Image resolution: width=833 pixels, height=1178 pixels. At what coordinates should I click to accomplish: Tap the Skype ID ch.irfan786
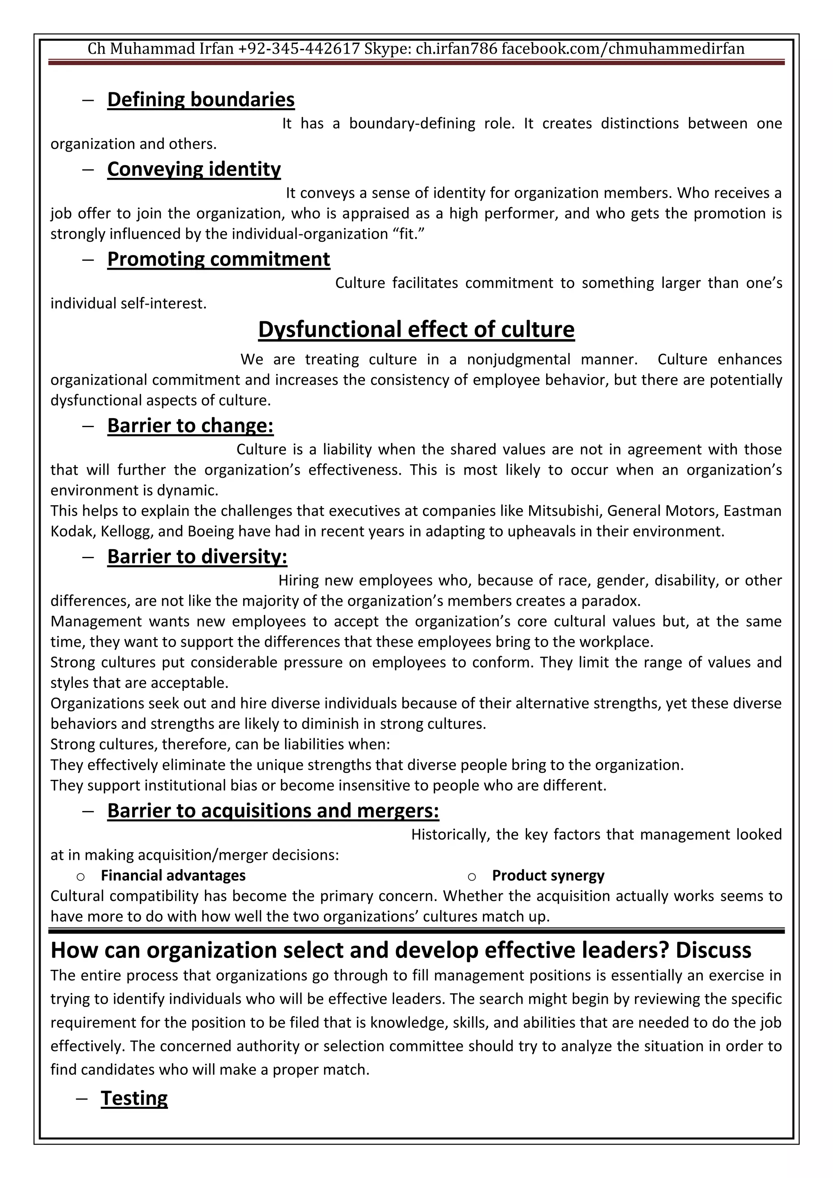click(456, 49)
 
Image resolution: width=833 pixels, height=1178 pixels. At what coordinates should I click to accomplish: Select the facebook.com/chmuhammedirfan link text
click(623, 49)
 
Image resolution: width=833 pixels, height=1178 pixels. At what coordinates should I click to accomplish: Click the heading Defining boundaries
click(201, 100)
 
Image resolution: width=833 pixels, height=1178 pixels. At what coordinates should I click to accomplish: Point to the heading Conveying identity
click(194, 169)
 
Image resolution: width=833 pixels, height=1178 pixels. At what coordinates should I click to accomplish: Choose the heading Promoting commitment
click(218, 259)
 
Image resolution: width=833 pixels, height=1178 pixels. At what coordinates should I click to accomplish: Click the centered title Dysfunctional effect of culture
click(416, 330)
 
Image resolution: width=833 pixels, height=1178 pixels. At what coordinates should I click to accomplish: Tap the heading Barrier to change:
click(190, 426)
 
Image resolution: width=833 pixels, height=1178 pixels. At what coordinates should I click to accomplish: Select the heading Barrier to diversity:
click(197, 557)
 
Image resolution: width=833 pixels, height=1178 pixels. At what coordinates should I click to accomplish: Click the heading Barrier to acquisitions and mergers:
click(273, 811)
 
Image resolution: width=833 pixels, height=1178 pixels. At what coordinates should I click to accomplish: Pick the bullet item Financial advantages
click(173, 875)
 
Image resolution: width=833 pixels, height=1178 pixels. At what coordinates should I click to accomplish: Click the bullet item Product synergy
click(548, 875)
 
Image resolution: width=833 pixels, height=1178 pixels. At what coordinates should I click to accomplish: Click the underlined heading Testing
click(134, 1098)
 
